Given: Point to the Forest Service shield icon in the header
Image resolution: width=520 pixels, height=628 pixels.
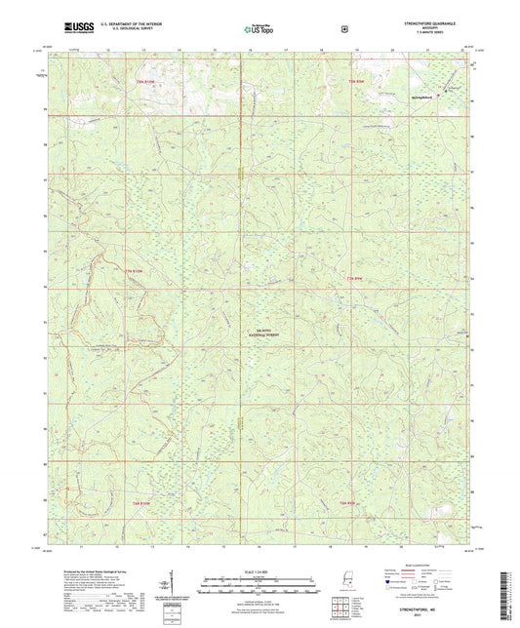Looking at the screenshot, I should (343, 29).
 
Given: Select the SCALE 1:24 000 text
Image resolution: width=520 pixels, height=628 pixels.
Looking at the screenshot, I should (259, 570).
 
